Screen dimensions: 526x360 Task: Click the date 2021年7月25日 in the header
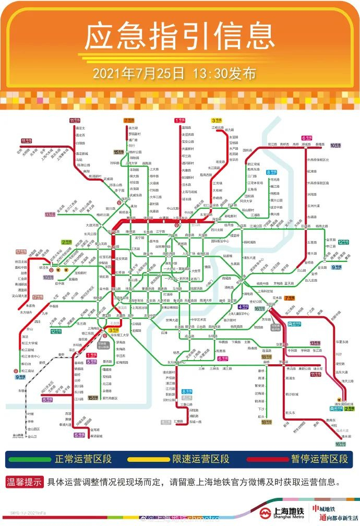[x=138, y=73]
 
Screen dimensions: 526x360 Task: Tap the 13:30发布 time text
[x=224, y=73]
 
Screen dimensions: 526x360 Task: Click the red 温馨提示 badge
[x=25, y=483]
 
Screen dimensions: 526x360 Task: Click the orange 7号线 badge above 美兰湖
[x=129, y=120]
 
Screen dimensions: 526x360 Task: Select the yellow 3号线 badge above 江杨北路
[x=216, y=120]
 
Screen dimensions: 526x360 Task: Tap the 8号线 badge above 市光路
[x=271, y=172]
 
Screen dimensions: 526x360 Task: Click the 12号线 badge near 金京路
[x=343, y=242]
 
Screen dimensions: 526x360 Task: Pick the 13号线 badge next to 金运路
[x=50, y=214]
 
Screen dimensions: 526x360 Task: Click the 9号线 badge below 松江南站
[x=20, y=377]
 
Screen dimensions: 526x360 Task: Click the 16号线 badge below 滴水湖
[x=340, y=444]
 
